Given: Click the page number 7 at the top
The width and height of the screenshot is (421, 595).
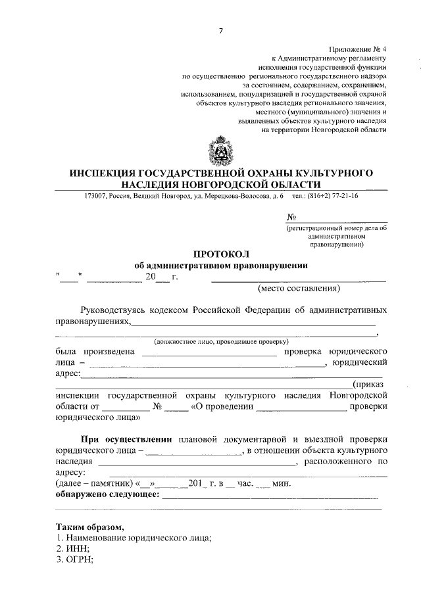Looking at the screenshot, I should click(221, 32).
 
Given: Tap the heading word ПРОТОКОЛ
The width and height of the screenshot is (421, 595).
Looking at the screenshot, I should click(221, 254).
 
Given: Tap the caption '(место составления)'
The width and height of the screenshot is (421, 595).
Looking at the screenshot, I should click(299, 288).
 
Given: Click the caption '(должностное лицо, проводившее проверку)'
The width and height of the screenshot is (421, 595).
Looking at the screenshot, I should click(221, 343).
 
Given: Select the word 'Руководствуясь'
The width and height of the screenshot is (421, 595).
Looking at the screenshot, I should click(114, 310).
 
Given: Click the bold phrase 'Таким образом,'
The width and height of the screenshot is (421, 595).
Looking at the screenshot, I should click(89, 527).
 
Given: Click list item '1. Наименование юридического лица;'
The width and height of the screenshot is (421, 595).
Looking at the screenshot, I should click(134, 538).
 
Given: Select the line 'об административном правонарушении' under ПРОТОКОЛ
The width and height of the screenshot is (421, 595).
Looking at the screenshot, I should click(221, 266).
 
